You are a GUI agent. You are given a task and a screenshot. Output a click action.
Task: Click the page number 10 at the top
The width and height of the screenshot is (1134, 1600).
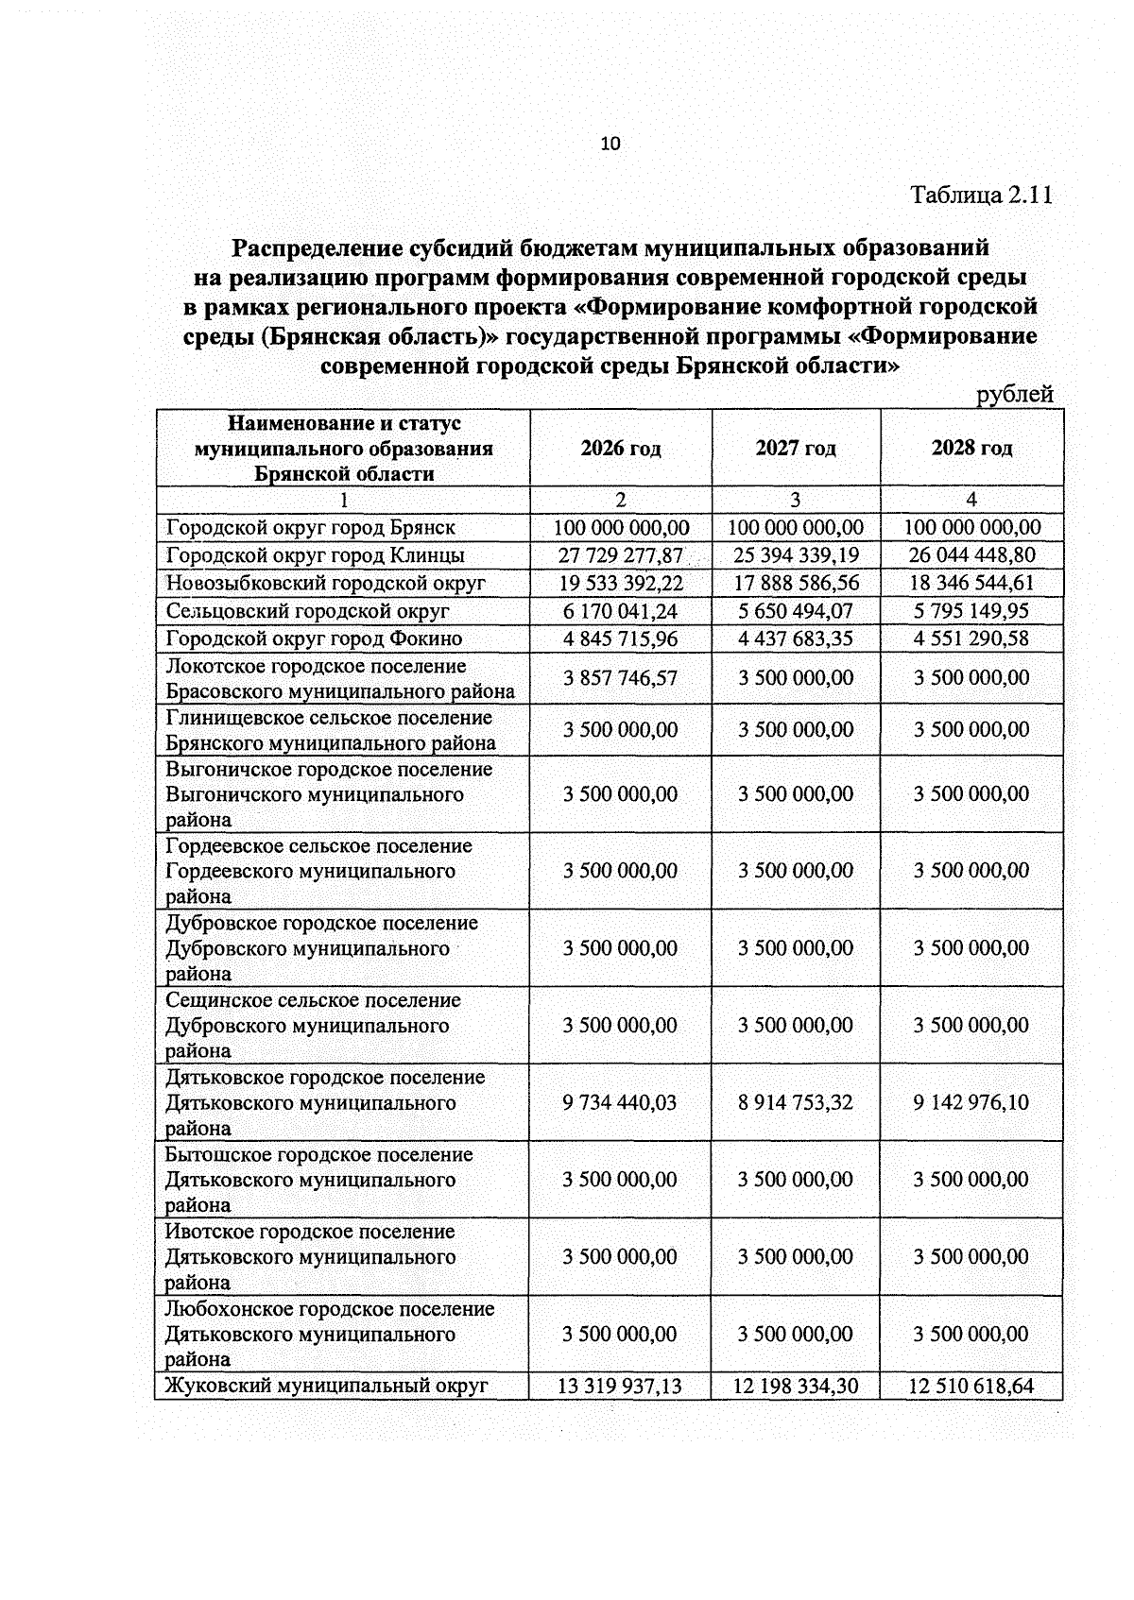pos(610,144)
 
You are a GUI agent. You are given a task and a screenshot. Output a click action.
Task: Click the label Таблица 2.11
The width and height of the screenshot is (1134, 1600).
pos(981,196)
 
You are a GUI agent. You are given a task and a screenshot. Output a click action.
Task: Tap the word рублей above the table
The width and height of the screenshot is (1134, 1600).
pos(1014,395)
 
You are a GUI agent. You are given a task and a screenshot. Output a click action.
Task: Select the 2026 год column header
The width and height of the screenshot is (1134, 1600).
pos(621,448)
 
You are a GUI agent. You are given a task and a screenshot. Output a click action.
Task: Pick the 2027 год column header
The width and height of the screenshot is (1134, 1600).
pos(796,448)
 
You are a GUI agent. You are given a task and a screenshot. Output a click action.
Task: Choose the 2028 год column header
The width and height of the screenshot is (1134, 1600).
pos(971,448)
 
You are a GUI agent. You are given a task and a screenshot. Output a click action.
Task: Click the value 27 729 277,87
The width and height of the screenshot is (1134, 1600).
pos(621,555)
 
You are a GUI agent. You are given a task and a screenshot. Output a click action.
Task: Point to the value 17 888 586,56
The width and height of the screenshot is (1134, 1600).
pos(796,583)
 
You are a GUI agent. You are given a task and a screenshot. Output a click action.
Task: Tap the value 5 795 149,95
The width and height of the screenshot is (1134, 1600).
pos(971,611)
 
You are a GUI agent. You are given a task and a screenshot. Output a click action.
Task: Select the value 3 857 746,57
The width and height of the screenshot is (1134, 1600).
pos(621,678)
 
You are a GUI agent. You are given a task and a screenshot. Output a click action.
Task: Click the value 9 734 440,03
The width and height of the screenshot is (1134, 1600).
pos(621,1102)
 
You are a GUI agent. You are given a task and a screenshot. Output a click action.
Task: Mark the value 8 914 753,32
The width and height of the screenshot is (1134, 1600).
pos(796,1102)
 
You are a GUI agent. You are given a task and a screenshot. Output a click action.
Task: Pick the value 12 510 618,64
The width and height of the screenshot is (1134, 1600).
pos(971,1387)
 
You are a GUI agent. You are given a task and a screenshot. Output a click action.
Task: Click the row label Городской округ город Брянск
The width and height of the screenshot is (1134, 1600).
pos(311,528)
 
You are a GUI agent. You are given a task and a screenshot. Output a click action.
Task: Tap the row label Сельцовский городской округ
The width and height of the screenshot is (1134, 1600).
pos(307,611)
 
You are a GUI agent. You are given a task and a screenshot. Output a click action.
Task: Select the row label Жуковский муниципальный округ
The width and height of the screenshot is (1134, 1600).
pos(327,1386)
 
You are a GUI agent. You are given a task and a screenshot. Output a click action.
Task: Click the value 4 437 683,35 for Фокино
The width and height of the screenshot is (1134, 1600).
pos(796,638)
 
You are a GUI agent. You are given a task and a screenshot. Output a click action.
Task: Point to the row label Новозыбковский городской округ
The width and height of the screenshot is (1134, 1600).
pos(326,583)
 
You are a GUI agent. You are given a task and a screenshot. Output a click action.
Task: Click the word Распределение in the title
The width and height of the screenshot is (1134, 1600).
pos(318,248)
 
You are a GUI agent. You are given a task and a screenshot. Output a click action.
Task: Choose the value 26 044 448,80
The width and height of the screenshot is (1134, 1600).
pos(971,555)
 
